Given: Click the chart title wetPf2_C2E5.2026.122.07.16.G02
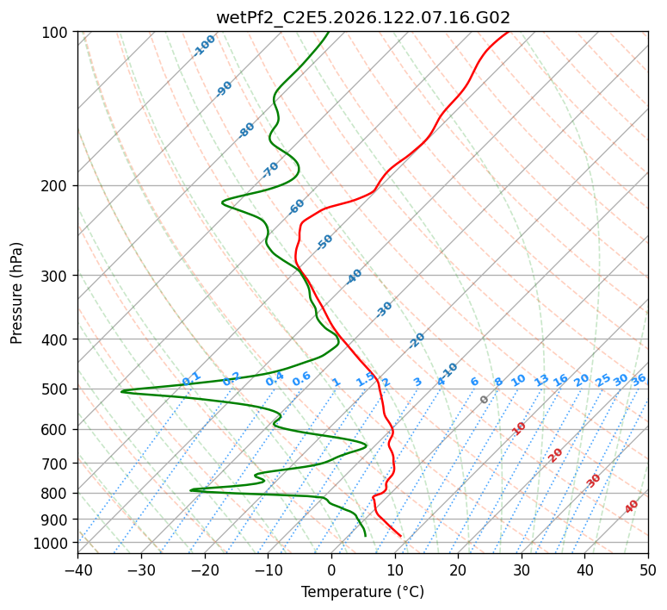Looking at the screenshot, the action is (363, 17).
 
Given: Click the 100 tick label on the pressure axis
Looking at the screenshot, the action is (54, 33).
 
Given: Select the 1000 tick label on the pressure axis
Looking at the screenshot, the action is (50, 543).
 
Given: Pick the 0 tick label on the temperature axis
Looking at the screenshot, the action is (331, 569).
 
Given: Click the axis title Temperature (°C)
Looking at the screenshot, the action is (363, 592).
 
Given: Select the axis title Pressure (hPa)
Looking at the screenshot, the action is (16, 293).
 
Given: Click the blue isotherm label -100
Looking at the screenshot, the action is (204, 46).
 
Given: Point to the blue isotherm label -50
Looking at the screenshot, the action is (324, 242).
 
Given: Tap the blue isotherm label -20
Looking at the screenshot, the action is (417, 340).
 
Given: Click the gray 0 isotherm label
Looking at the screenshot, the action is (484, 400).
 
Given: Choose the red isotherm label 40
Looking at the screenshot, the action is (632, 507).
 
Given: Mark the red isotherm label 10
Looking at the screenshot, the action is (519, 428).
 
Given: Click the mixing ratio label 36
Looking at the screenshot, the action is (639, 380).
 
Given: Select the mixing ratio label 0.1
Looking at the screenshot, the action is (191, 378).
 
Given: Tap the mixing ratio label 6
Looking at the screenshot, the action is (475, 382).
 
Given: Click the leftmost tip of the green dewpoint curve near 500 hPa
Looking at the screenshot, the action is (121, 391).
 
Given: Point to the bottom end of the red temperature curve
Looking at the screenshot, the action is (401, 536).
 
